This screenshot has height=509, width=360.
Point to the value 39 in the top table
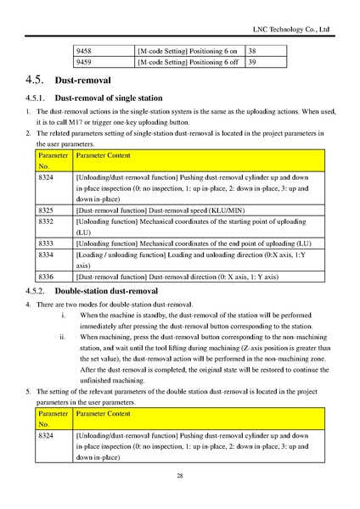(252, 62)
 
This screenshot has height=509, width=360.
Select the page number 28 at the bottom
(180, 476)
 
